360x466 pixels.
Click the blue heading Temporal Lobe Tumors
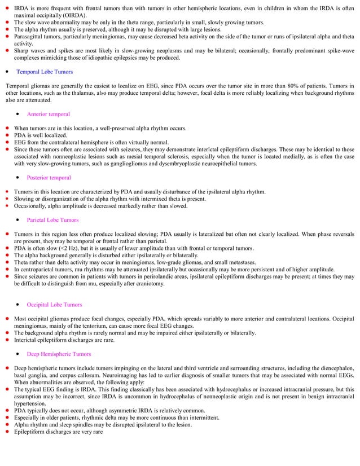click(x=44, y=72)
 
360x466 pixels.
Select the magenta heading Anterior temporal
click(x=48, y=114)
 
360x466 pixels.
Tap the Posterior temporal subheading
click(x=49, y=178)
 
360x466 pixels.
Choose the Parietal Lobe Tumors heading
click(x=52, y=220)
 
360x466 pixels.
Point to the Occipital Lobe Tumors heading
click(x=54, y=305)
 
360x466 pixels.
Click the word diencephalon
click(x=335, y=368)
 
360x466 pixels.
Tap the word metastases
click(x=239, y=262)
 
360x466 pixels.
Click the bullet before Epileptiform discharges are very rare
click(x=6, y=432)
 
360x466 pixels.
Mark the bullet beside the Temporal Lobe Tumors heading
click(x=6, y=72)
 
